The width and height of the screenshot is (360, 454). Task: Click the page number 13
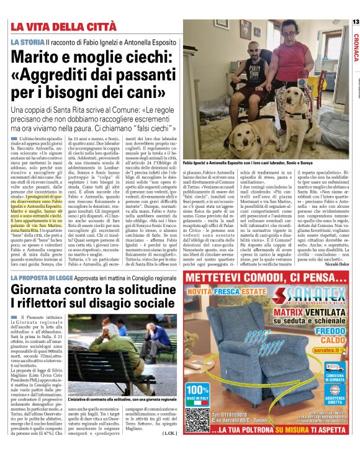[x=355, y=22]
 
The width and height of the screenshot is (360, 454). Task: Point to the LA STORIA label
[x=27, y=42]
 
